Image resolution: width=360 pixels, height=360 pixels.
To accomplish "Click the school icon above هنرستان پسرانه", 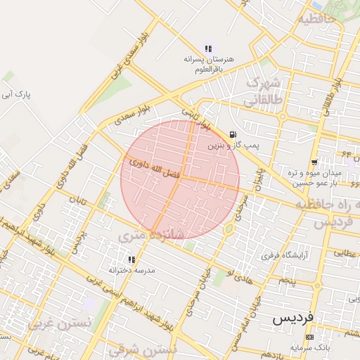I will [208, 49].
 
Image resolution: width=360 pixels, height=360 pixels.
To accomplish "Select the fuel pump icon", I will [233, 134].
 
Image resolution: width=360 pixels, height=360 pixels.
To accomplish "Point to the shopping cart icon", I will [314, 162].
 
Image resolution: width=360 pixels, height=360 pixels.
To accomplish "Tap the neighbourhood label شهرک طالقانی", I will [262, 91].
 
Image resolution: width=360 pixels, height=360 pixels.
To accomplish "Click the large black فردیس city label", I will [294, 319].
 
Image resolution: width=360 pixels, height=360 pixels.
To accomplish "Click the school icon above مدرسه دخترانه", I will [131, 259].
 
